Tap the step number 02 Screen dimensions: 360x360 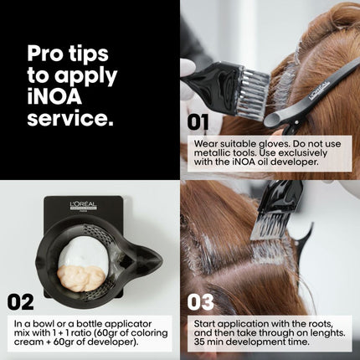(21, 302)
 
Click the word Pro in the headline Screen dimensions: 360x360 (45, 54)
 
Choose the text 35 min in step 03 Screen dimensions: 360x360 (206, 342)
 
